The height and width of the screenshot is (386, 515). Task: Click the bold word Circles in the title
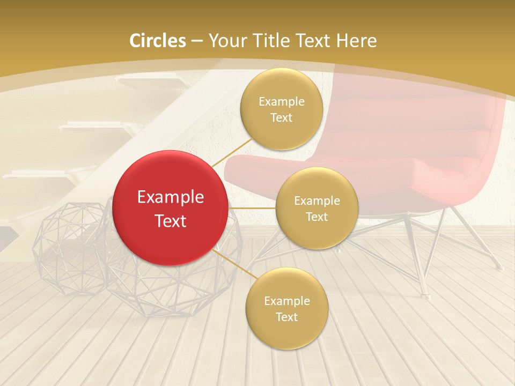point(158,41)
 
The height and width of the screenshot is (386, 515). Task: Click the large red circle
point(171,208)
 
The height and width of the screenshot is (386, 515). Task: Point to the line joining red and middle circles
point(252,208)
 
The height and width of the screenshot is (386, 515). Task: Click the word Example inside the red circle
point(171,197)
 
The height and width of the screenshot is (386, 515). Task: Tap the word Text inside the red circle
point(171,221)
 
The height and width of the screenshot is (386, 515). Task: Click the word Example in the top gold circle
point(282,102)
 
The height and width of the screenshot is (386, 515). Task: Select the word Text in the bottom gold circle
point(287,317)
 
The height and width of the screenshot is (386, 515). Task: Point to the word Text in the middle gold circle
point(317,217)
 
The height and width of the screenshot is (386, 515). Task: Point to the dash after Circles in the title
point(197,41)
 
